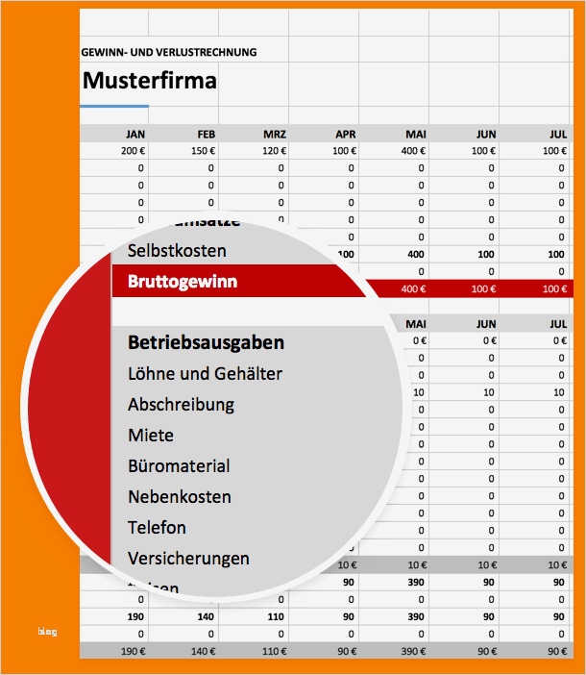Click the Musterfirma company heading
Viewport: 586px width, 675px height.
point(150,81)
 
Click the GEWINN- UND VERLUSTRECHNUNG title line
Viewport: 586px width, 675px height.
point(169,52)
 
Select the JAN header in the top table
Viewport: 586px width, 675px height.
point(135,134)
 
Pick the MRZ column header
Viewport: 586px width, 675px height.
point(275,134)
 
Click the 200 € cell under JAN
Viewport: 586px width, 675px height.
point(132,151)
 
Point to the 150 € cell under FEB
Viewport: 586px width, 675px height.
point(202,151)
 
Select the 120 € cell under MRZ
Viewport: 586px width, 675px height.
point(272,151)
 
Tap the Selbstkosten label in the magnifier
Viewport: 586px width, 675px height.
point(177,251)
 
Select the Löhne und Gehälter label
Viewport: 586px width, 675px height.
point(205,373)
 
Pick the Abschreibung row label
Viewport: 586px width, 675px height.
point(181,405)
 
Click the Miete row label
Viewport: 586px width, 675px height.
point(151,436)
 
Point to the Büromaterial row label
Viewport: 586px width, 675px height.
point(179,466)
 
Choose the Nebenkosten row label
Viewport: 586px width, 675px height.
point(180,497)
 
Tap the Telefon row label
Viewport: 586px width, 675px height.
point(158,528)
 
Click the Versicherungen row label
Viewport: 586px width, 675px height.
point(188,559)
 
